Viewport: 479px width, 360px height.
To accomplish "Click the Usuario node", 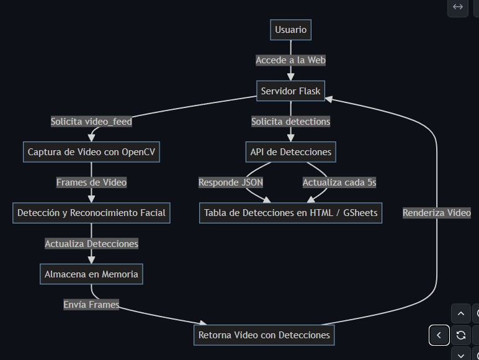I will click(x=290, y=30).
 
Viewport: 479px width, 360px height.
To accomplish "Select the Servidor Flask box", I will click(x=290, y=91).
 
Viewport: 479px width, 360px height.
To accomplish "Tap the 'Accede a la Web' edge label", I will click(x=290, y=60).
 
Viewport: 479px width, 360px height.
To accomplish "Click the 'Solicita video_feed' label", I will click(x=91, y=122).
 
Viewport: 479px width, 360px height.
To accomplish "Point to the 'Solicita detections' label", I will click(x=290, y=122).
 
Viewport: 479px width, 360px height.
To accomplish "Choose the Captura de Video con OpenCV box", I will click(x=91, y=152).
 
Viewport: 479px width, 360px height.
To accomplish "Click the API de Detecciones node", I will click(x=290, y=152).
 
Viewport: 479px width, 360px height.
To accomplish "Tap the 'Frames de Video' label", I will click(x=91, y=182).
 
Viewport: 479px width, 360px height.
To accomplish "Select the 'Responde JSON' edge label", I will click(x=231, y=182).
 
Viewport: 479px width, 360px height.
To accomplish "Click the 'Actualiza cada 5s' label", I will click(x=339, y=182).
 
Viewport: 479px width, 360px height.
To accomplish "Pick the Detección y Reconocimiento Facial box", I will click(x=91, y=213).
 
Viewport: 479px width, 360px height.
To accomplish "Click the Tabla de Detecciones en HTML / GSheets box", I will click(x=290, y=213).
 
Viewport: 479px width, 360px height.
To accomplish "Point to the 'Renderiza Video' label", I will click(x=436, y=213).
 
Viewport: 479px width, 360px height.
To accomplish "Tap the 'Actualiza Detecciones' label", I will click(x=91, y=244).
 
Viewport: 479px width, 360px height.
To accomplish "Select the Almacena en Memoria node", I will click(x=91, y=274).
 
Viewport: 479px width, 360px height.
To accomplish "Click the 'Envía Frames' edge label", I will click(x=91, y=305).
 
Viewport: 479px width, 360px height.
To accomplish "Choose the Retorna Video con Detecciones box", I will click(x=264, y=335).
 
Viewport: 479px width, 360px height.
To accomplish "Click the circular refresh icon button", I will click(x=461, y=335).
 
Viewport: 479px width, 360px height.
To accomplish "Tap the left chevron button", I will click(x=439, y=335).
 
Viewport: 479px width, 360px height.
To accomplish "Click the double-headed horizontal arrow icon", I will click(x=458, y=7).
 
